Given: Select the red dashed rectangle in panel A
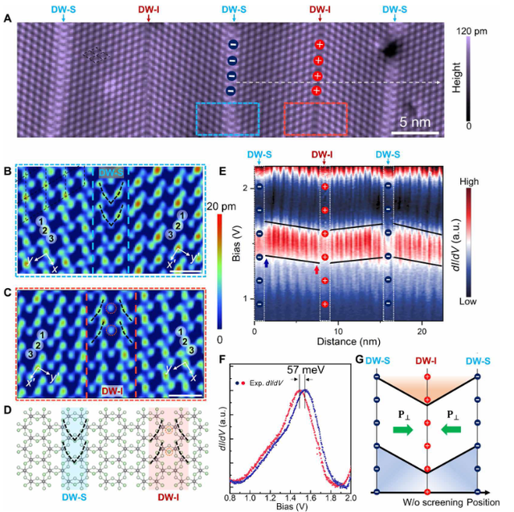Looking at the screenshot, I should point(315,118).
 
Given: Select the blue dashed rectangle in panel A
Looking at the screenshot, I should point(227,118).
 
